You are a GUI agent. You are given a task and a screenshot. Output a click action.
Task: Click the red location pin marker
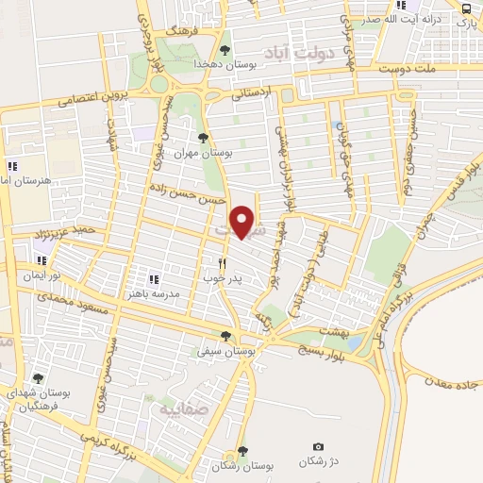click(243, 221)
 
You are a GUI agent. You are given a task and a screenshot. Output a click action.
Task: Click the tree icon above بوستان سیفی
click(225, 336)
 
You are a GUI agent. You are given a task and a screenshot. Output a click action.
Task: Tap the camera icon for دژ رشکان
click(317, 447)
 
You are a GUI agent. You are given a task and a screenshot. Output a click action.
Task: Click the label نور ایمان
click(42, 275)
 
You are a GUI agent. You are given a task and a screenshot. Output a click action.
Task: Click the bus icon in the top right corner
click(466, 8)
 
